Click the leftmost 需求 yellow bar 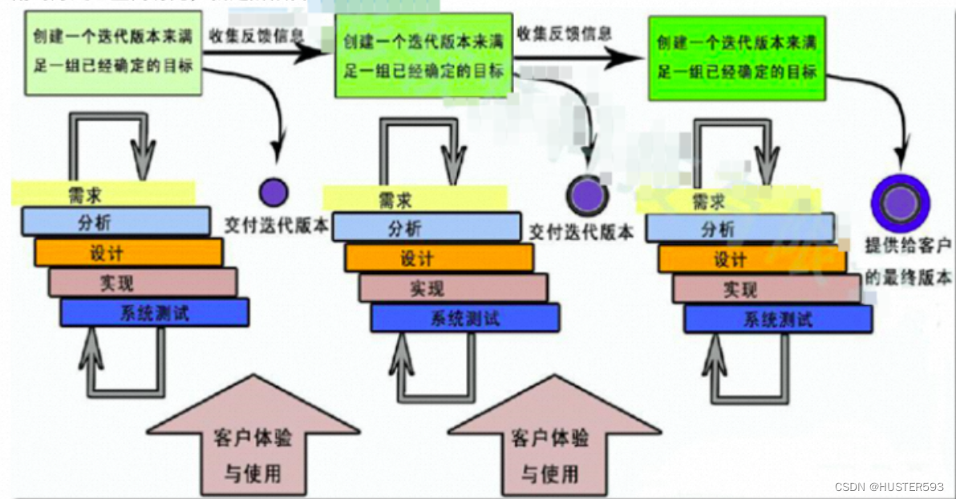(103, 192)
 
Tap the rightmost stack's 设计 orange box (751, 259)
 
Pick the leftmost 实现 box (143, 282)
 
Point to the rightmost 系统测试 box (777, 319)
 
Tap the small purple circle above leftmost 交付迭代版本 (273, 192)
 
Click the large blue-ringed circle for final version (901, 203)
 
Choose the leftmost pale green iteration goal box (112, 53)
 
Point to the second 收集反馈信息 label (564, 34)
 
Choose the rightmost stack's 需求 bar (727, 200)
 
